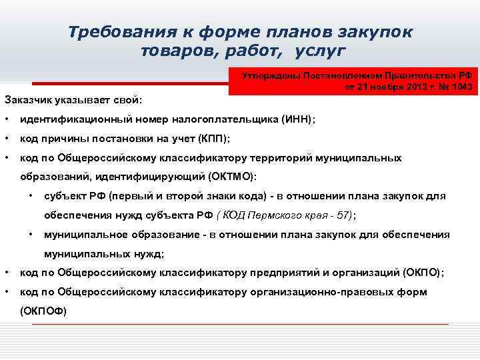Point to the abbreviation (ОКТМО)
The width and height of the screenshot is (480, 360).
click(230, 177)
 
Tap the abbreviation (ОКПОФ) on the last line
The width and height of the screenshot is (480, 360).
click(43, 311)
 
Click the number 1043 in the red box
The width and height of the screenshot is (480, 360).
click(461, 87)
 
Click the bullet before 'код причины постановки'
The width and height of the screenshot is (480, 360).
click(6, 139)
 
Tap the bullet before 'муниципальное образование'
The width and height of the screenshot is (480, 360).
click(31, 235)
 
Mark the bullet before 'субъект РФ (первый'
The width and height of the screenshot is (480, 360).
click(31, 196)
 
